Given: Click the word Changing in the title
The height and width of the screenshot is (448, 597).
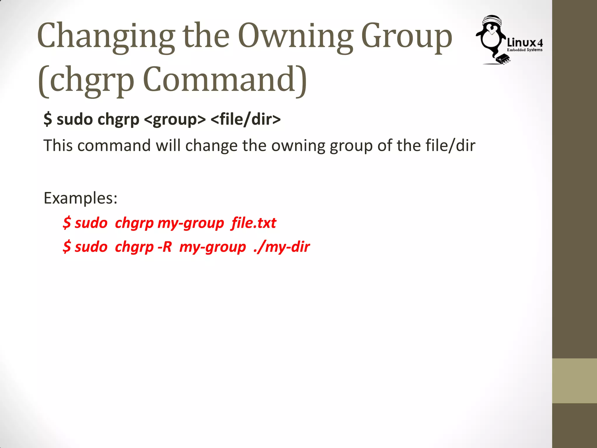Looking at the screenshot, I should pos(106,36).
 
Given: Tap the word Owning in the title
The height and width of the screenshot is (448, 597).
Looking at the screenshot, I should pos(296,36).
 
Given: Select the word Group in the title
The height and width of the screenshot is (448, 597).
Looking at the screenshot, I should pos(406,36).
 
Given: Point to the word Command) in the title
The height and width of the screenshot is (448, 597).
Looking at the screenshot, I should pos(224,79).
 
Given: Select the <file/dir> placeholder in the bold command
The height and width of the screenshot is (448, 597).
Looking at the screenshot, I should pos(245,120).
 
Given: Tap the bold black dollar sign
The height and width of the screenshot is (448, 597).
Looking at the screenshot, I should pos(48,120).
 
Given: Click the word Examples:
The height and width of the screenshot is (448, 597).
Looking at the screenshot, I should pos(80,198).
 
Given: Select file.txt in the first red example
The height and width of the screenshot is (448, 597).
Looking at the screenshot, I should pos(253,223).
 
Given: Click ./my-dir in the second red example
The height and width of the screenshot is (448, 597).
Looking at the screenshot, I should pos(281,247).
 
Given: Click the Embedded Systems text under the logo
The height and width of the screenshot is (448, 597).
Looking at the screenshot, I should pos(524,50).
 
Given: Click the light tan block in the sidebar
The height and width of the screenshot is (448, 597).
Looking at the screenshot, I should pos(574,381).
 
